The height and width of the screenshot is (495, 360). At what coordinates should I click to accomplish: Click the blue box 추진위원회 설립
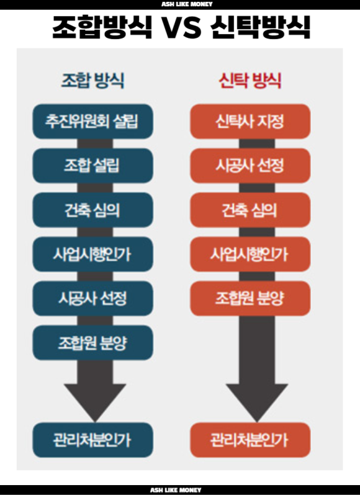93,121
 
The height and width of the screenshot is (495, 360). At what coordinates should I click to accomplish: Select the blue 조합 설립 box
93,166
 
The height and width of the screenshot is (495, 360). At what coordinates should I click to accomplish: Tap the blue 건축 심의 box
93,210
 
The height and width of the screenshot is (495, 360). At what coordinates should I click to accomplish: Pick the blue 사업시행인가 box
93,254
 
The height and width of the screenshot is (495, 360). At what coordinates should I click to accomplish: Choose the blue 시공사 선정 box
93,298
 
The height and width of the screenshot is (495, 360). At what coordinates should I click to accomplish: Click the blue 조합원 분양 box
93,342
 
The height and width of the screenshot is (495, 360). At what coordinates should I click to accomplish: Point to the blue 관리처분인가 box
93,440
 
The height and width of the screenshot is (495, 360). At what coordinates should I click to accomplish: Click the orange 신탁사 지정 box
250,121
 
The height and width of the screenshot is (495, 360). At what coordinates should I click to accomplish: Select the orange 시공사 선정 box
250,166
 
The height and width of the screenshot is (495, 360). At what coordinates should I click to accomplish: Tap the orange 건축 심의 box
250,210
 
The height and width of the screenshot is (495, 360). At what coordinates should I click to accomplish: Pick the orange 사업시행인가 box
250,254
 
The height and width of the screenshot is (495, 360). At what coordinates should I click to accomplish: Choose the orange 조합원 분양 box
250,298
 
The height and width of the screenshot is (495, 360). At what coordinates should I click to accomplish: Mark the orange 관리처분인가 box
250,440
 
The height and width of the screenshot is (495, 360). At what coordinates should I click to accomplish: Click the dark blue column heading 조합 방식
92,80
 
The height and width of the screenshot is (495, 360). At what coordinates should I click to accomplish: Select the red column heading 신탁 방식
250,80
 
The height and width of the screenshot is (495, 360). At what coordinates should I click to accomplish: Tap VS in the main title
181,27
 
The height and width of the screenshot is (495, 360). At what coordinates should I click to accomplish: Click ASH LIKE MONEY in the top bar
187,4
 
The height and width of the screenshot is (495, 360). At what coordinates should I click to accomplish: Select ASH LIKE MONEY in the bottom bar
176,490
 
